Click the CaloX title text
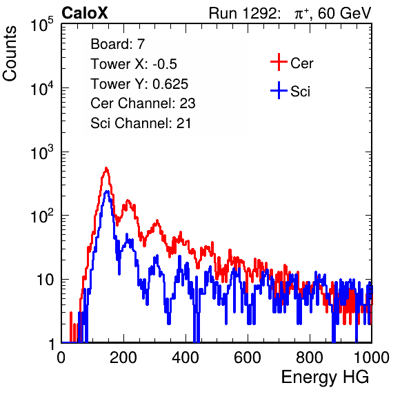click(x=84, y=13)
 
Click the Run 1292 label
click(x=243, y=13)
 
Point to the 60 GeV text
click(x=344, y=13)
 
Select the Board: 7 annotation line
click(x=117, y=43)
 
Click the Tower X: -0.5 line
click(x=134, y=64)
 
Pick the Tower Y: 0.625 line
click(x=139, y=84)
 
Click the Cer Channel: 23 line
click(x=143, y=103)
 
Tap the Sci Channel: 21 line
click(x=141, y=123)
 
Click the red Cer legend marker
click(x=279, y=62)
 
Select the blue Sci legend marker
click(x=279, y=91)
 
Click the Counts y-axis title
click(x=10, y=54)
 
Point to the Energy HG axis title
click(x=325, y=377)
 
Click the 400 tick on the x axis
click(x=186, y=357)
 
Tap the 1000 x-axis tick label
click(x=372, y=357)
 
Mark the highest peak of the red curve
click(x=106, y=168)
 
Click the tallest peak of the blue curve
click(x=107, y=191)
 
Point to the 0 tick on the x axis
click(x=61, y=357)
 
